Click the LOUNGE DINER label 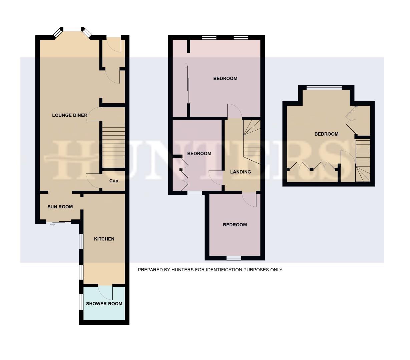coord(70,115)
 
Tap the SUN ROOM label coord(60,207)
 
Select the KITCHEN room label coord(104,239)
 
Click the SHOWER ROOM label coord(104,304)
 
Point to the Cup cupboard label coord(114,181)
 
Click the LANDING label coord(241,172)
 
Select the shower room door coord(106,291)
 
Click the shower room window coord(81,301)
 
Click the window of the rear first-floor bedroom coord(234,258)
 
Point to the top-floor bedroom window coord(324,88)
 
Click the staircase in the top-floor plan coord(363,162)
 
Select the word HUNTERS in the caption coord(182,270)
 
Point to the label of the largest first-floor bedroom coord(225,79)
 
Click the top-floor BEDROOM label coord(326,134)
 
